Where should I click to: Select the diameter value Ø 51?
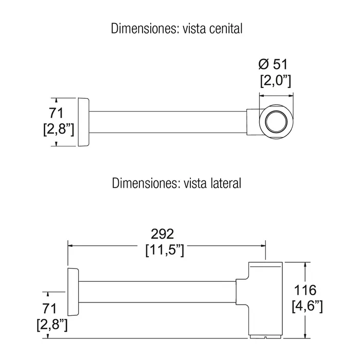[x=273, y=65]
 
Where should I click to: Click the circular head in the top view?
[x=278, y=121]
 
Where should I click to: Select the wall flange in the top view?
[x=83, y=121]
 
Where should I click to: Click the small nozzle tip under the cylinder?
[x=265, y=337]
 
